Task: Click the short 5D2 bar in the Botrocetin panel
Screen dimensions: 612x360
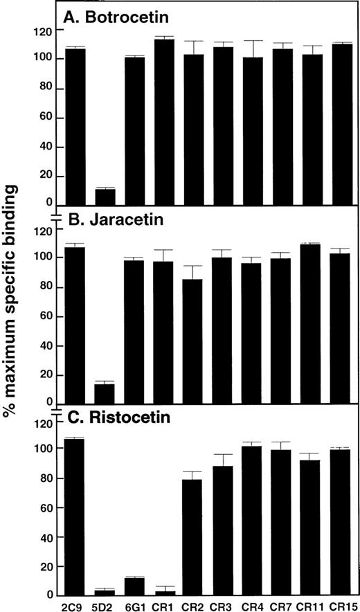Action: (x=105, y=197)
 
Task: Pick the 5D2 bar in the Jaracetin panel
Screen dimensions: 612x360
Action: (x=105, y=394)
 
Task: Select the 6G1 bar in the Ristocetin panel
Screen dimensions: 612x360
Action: (x=134, y=588)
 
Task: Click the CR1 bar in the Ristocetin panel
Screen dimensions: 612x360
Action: (x=164, y=593)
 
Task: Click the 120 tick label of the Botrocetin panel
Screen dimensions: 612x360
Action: (x=46, y=31)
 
